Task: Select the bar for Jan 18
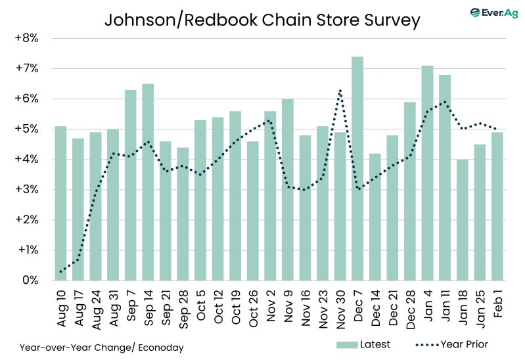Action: coord(462,219)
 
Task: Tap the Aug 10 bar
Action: coord(60,203)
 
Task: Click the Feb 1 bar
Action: coord(497,206)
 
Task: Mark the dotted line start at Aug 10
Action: coord(60,271)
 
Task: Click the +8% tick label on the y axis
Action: coord(26,38)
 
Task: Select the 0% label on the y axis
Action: coord(30,281)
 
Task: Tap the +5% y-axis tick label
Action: coord(26,129)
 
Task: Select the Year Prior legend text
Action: coord(464,344)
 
